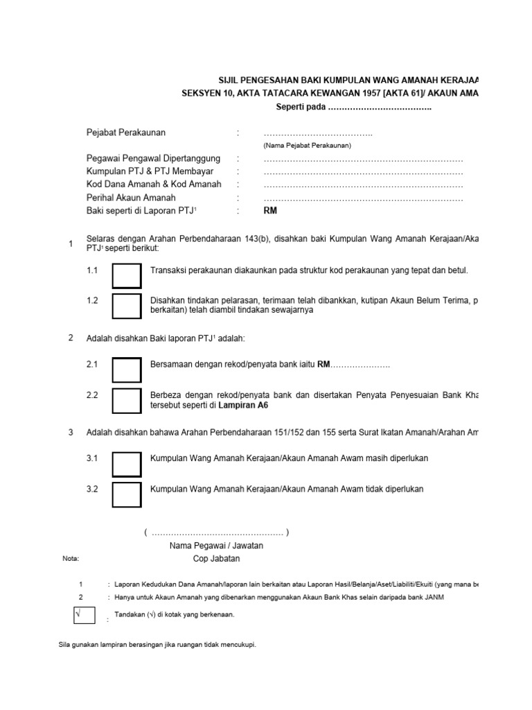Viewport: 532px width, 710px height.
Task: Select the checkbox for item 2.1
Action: tap(126, 369)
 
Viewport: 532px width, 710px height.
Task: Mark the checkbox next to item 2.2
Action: tap(126, 401)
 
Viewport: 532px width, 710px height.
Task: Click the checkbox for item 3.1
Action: tap(126, 463)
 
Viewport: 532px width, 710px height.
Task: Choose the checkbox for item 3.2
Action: tap(126, 494)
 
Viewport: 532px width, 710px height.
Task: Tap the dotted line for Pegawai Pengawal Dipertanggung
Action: tap(363, 159)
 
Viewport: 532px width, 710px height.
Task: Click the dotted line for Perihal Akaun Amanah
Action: tap(363, 198)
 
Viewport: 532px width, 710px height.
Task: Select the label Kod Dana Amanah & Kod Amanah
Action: tap(154, 184)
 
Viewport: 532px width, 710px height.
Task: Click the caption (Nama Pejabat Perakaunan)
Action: tap(307, 146)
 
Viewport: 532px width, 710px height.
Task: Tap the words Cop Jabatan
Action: tap(217, 558)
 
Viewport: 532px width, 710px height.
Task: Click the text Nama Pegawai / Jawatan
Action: tap(217, 546)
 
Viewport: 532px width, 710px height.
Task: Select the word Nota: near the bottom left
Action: tap(71, 558)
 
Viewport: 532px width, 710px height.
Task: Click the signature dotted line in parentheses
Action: tap(217, 532)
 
